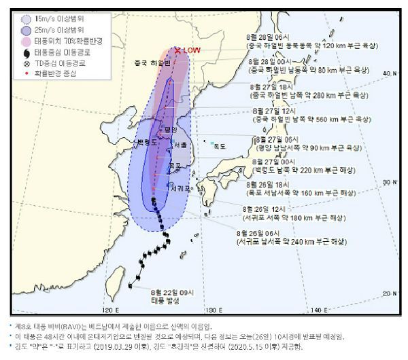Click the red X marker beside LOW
(x=177, y=50)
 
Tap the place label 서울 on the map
(x=181, y=145)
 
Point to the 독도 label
(x=219, y=145)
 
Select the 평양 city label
(x=171, y=129)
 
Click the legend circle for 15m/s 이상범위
(x=25, y=19)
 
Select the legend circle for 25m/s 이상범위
(x=25, y=30)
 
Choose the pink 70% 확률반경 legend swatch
(x=25, y=41)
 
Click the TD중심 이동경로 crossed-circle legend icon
(x=25, y=62)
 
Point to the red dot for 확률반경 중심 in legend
(x=25, y=73)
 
